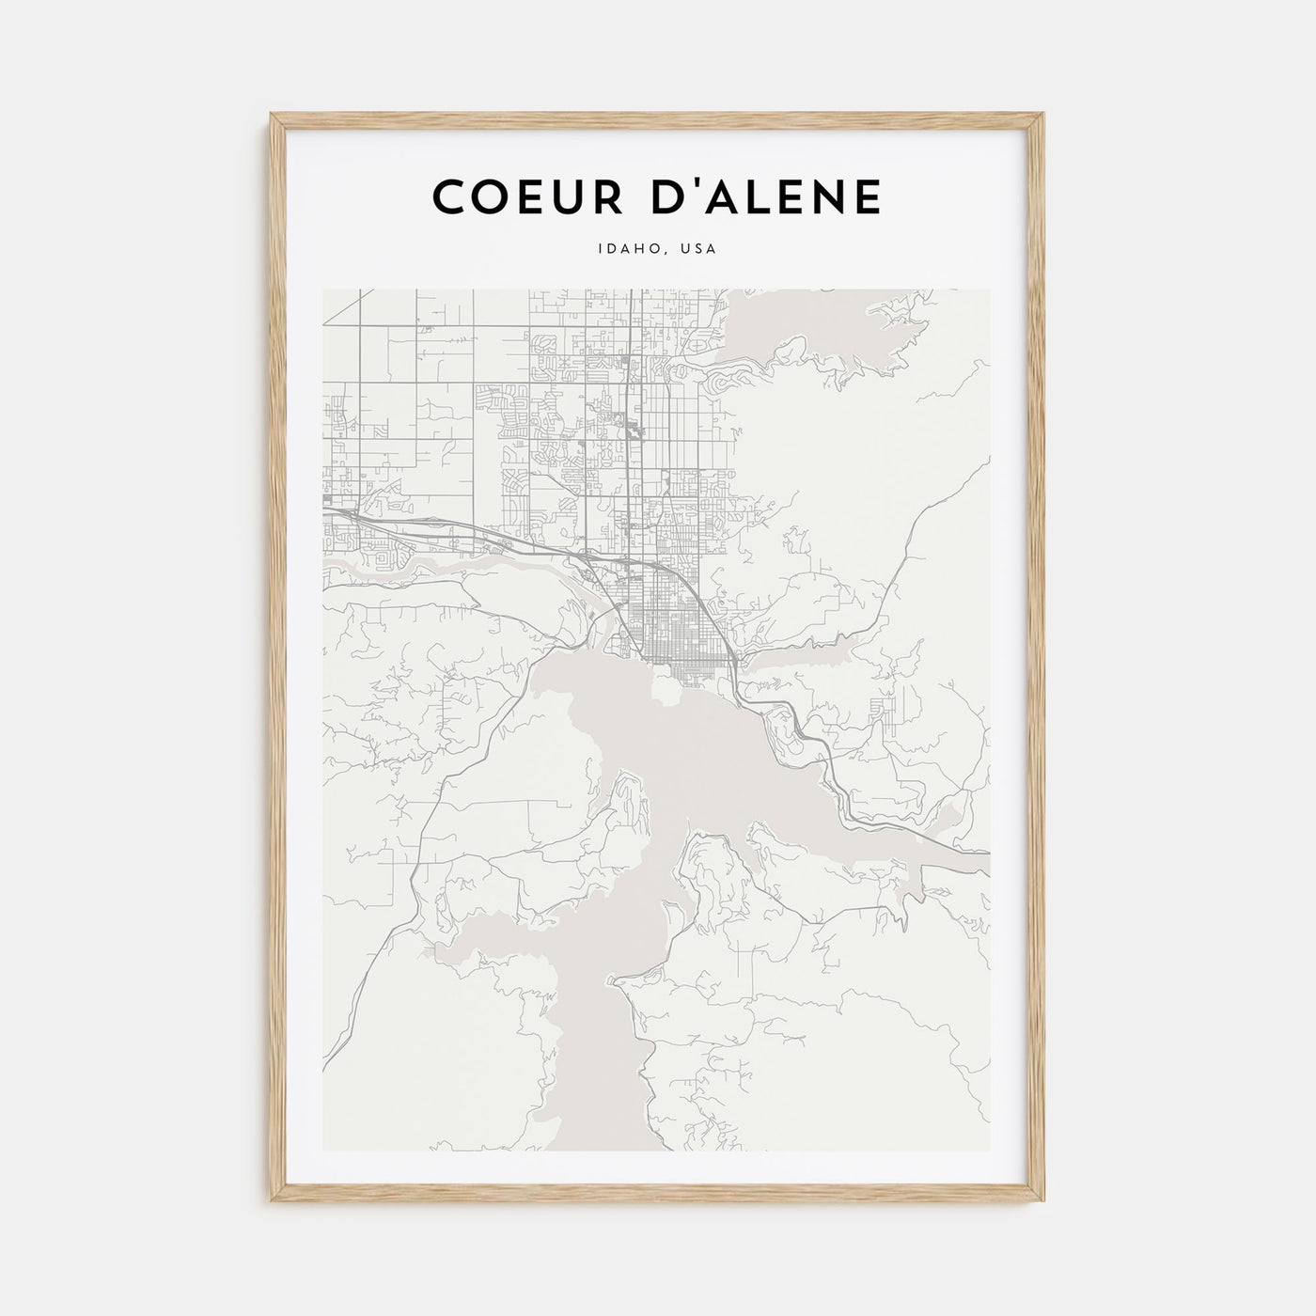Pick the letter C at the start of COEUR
pos(448,196)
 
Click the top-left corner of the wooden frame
pos(271,115)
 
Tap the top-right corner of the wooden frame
pos(1044,115)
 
